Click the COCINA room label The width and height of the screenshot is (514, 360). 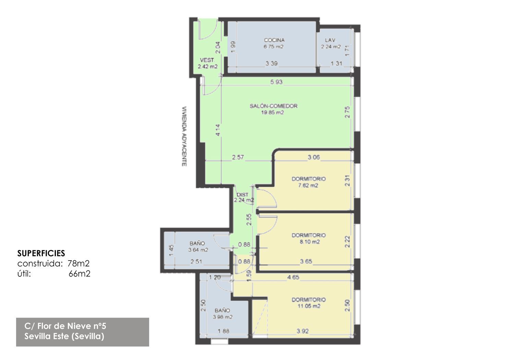(274, 40)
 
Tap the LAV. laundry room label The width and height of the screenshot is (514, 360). (330, 40)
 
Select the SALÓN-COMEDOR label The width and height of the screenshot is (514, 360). (273, 106)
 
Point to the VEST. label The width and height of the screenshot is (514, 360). (207, 60)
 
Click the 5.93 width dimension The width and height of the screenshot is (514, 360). (276, 82)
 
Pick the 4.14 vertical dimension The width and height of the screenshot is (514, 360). (218, 130)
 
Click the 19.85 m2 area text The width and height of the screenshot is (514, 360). (273, 112)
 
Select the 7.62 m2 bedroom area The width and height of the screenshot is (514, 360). (308, 185)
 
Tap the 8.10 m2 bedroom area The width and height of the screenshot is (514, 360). (309, 241)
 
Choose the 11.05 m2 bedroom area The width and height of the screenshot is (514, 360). (309, 306)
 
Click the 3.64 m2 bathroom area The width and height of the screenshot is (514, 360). (198, 250)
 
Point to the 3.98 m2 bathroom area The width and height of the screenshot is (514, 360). (223, 317)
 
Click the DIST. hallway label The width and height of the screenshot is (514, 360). (243, 195)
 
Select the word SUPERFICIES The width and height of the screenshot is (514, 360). (41, 253)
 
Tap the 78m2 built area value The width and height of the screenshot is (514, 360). (78, 264)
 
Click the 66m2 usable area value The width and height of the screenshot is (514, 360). (79, 274)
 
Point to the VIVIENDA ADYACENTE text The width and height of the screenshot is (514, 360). (184, 136)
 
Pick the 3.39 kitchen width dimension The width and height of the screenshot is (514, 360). (272, 63)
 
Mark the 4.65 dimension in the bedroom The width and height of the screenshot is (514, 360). (293, 277)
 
